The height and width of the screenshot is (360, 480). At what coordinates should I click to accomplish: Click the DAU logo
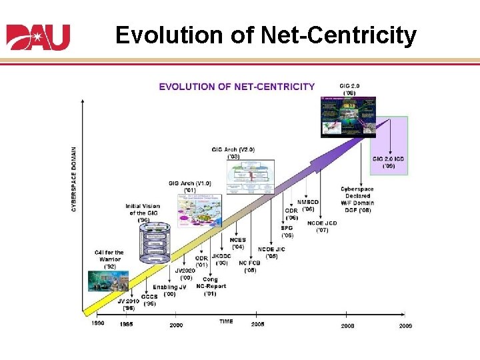[x=38, y=37]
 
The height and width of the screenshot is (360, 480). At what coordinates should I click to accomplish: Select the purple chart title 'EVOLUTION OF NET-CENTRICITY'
[x=237, y=86]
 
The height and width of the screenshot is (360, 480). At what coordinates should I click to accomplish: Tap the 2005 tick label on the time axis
[x=257, y=324]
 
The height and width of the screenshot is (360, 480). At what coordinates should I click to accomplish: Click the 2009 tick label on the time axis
[x=405, y=325]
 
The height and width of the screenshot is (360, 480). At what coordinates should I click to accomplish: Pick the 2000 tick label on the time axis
[x=175, y=324]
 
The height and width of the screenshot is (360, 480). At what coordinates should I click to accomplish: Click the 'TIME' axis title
[x=226, y=321]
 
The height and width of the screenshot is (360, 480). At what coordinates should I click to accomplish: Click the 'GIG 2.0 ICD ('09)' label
[x=389, y=162]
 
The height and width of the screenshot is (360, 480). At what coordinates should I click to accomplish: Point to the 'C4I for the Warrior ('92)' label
[x=109, y=259]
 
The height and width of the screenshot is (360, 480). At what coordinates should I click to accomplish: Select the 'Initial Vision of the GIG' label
[x=143, y=213]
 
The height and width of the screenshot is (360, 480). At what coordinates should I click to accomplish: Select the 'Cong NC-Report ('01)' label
[x=210, y=286]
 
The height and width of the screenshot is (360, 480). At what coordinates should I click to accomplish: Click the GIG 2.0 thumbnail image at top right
[x=348, y=117]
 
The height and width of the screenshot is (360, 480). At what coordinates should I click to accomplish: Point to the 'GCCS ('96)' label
[x=149, y=300]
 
